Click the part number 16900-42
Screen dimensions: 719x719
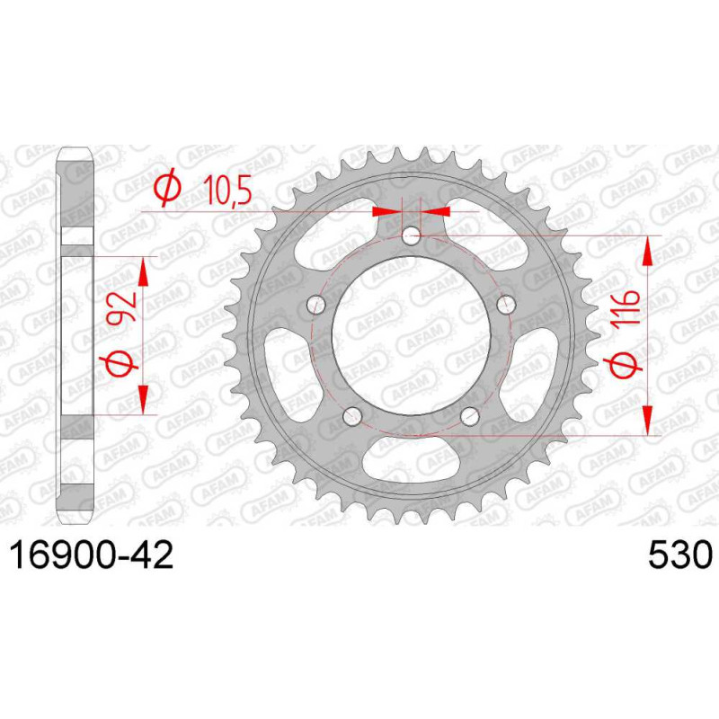coord(92,555)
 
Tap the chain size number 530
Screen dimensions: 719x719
coord(680,555)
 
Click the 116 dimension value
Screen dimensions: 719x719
coord(626,308)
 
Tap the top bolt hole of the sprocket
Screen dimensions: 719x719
coord(412,237)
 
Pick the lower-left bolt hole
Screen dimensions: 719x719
coord(352,415)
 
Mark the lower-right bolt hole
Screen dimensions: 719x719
coord(470,415)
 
